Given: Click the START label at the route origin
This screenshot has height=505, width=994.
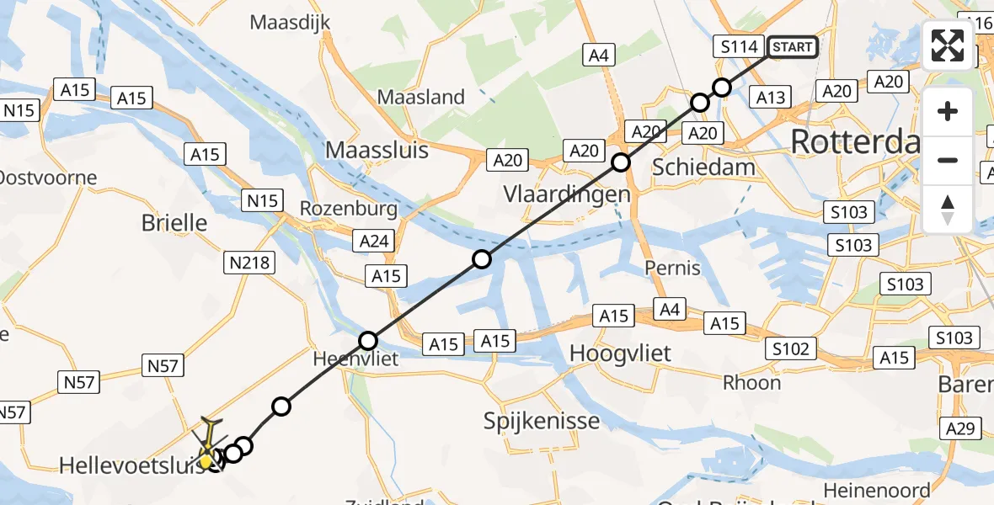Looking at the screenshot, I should (792, 47).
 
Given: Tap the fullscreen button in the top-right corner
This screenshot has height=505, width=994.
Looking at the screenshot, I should (948, 45).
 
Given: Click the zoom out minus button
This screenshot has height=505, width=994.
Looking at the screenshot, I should (948, 160).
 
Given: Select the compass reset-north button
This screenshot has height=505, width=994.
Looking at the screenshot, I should (948, 210).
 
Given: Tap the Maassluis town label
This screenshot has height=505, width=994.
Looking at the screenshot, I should (377, 151).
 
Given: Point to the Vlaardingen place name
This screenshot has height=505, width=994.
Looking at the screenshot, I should (567, 194).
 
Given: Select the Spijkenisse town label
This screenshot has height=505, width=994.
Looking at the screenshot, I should (542, 421).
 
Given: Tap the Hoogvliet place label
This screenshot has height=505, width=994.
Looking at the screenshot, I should (620, 353).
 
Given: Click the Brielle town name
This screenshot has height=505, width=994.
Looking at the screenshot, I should (174, 223).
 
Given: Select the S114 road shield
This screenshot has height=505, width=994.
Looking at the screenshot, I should (739, 47).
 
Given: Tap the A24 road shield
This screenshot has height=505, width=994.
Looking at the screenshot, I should (373, 242).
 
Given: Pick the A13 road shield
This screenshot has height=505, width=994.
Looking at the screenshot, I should (770, 98).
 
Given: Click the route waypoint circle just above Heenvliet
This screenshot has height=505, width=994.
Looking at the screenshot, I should (368, 341).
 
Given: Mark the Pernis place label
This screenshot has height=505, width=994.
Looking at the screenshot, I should (671, 268).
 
